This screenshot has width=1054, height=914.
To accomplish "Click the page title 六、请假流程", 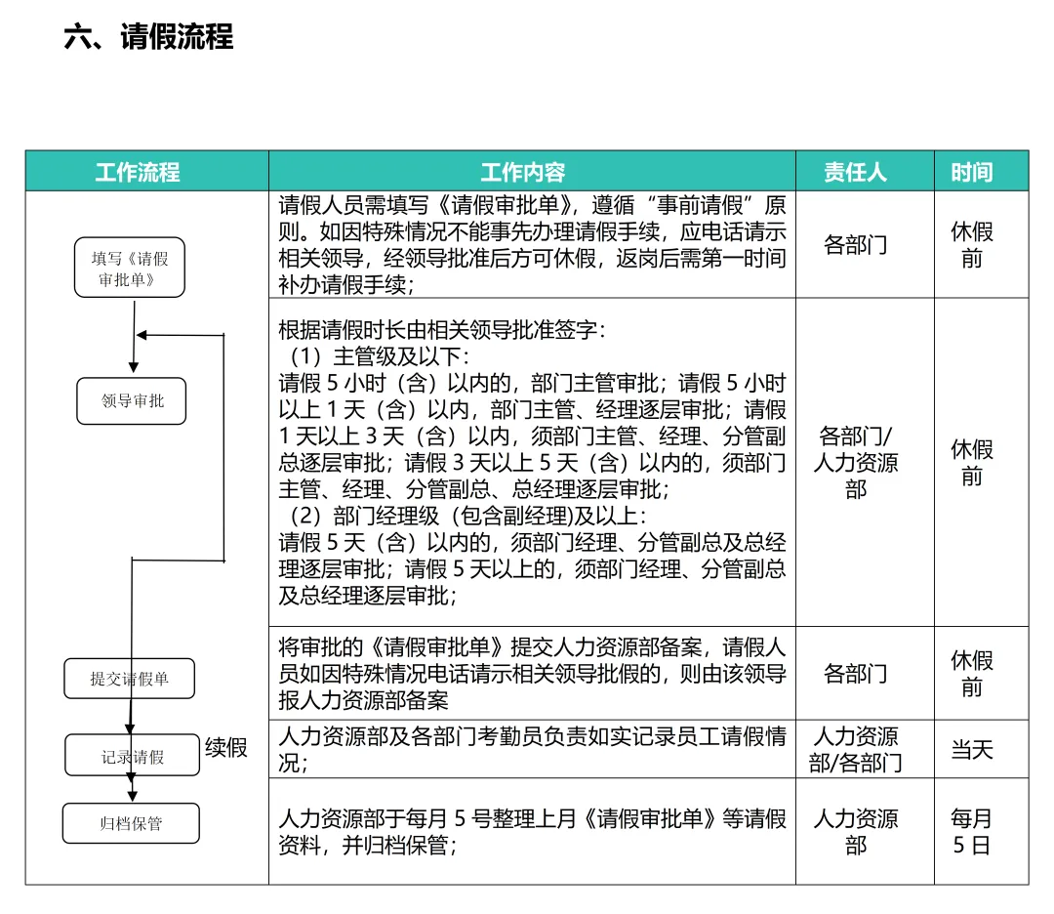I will point(148,37).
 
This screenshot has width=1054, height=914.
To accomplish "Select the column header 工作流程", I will point(138,173).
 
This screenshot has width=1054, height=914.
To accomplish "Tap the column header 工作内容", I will point(523,173).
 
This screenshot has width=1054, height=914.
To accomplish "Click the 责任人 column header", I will point(855,173).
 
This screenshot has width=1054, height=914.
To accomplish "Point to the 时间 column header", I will point(971,173).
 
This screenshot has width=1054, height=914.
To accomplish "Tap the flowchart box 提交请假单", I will point(130,679).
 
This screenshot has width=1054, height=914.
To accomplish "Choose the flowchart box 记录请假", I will point(133,756).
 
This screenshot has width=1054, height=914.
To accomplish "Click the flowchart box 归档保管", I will point(131,823).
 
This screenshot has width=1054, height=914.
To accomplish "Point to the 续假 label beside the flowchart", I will point(226,748).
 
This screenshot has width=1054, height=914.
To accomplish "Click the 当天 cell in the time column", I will point(971,750).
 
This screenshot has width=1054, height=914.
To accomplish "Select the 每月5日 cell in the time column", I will point(971,832).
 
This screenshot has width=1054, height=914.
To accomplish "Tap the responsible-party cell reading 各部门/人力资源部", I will point(855,462).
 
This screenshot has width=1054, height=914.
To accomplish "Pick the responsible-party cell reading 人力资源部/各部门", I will point(855,750).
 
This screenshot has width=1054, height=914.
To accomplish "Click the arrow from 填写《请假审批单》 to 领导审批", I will point(133,337).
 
